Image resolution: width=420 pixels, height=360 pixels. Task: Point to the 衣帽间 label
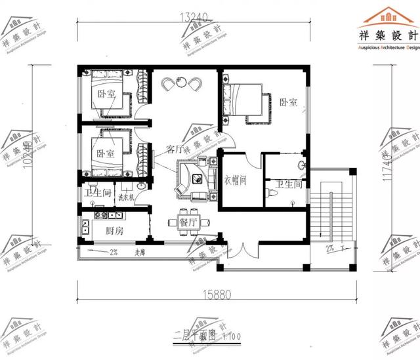(x=234, y=180)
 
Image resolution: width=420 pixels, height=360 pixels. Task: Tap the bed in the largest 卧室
(x=244, y=100)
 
